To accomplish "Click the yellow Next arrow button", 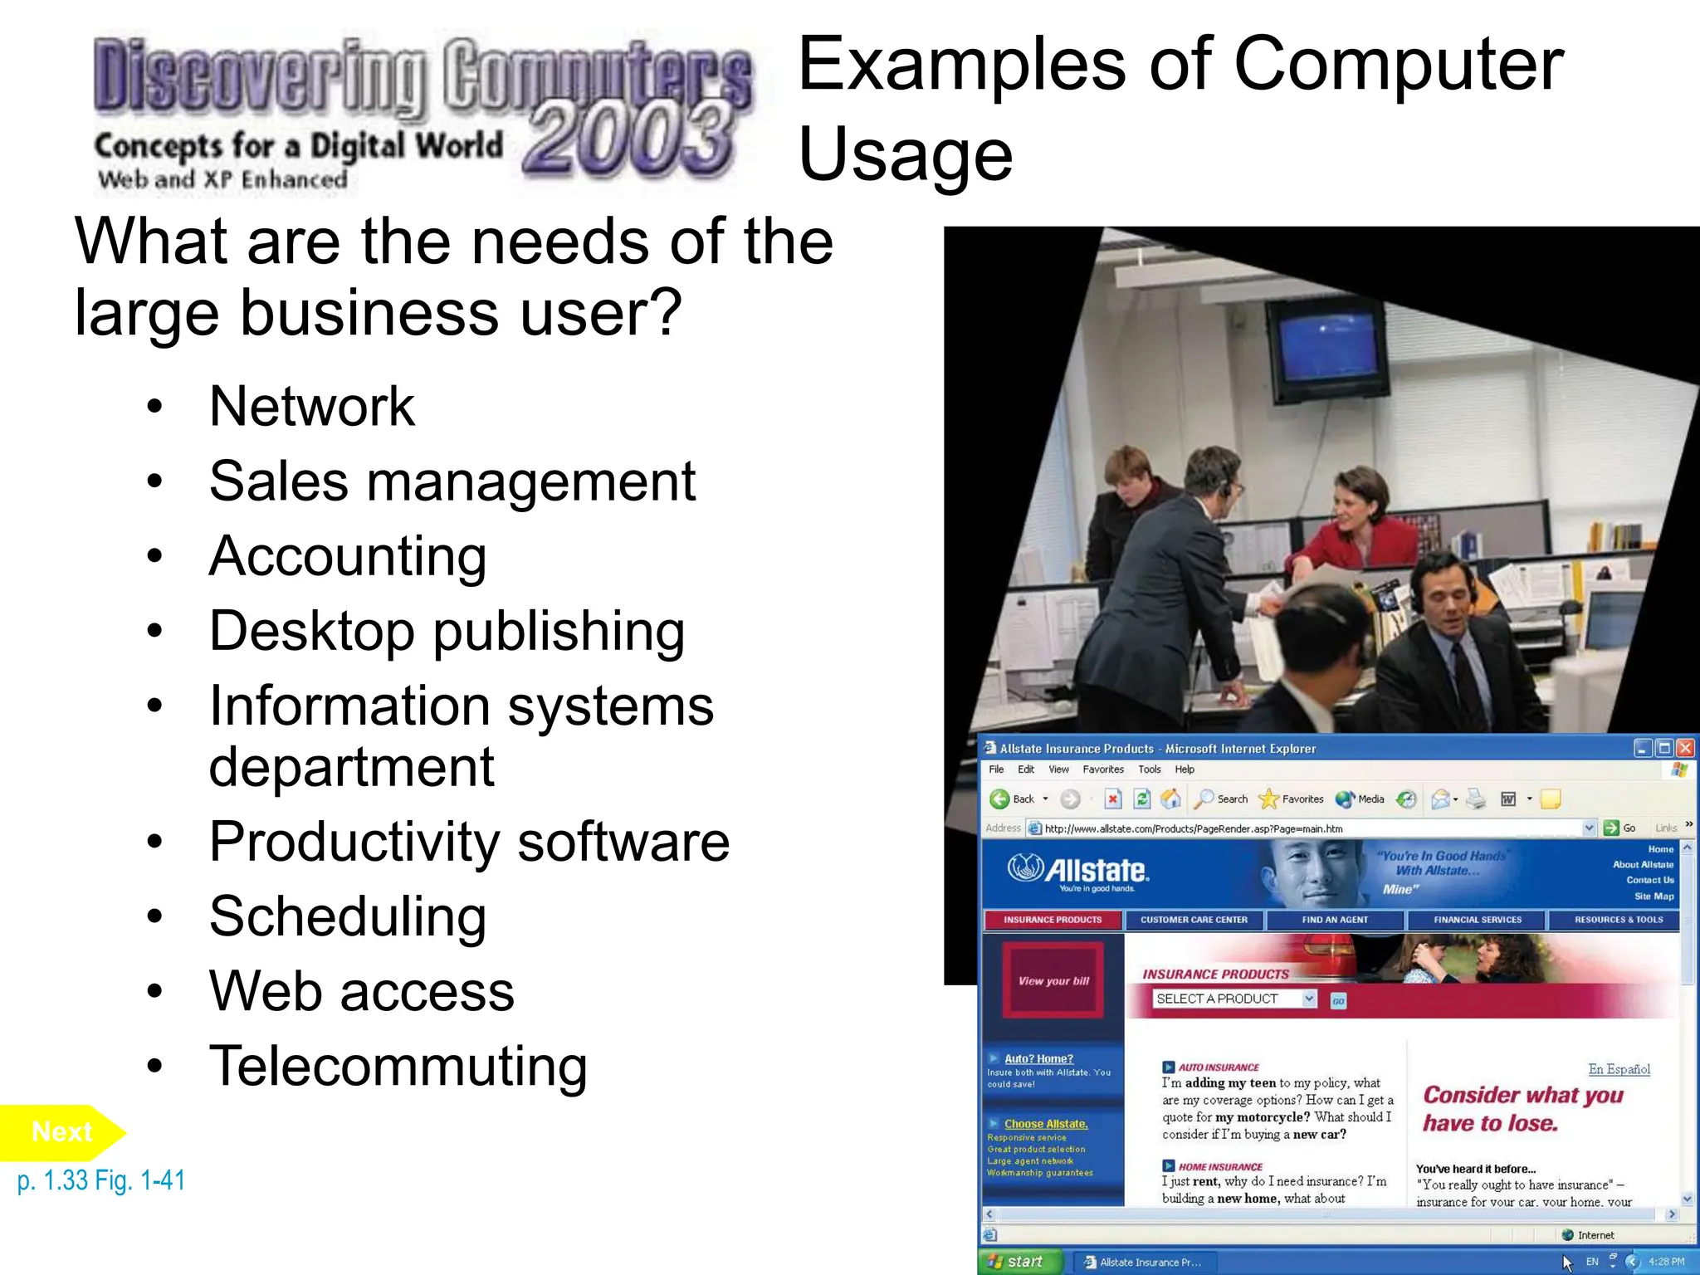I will pyautogui.click(x=62, y=1132).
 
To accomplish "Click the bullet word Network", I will pyautogui.click(x=311, y=407).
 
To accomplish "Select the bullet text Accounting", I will pyautogui.click(x=347, y=556).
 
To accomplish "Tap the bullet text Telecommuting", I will pyautogui.click(x=398, y=1067).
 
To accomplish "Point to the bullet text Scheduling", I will pyautogui.click(x=347, y=916).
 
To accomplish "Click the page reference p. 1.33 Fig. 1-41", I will pyautogui.click(x=101, y=1180).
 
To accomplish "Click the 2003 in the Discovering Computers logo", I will pyautogui.click(x=628, y=139).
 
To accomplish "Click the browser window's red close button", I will pyautogui.click(x=1685, y=748).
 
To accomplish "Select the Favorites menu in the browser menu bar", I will pyautogui.click(x=1102, y=769).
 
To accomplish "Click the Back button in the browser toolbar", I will pyautogui.click(x=1014, y=799).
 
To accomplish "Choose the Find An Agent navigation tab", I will pyautogui.click(x=1334, y=920).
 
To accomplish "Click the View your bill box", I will pyautogui.click(x=1053, y=980).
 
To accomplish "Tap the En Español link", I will pyautogui.click(x=1618, y=1069).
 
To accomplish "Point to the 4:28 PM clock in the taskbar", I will pyautogui.click(x=1666, y=1262).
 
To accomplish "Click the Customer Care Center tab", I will pyautogui.click(x=1193, y=920).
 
